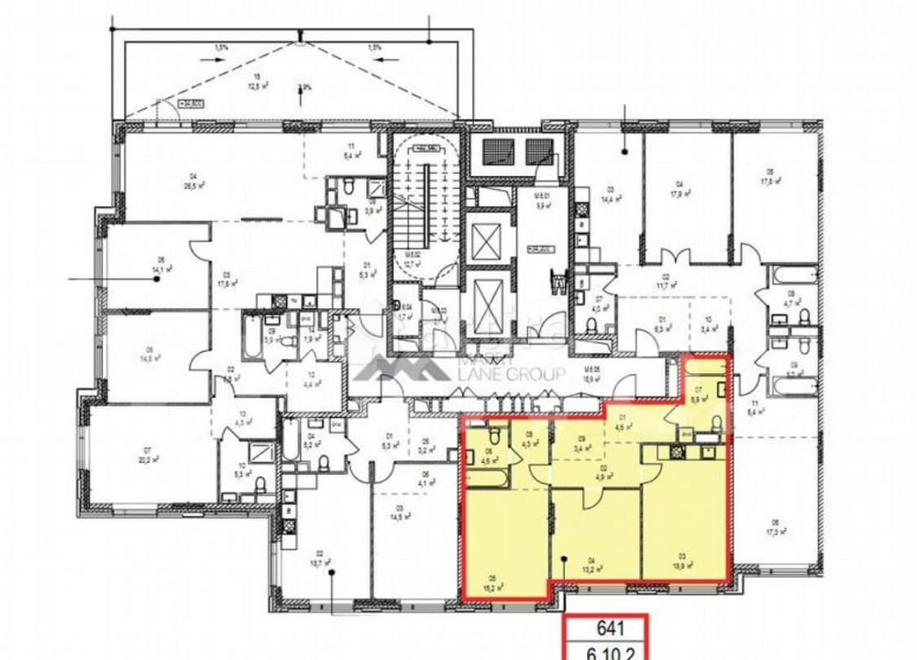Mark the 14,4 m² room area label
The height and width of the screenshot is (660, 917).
608,195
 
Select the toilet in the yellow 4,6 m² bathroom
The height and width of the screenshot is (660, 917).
494,433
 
